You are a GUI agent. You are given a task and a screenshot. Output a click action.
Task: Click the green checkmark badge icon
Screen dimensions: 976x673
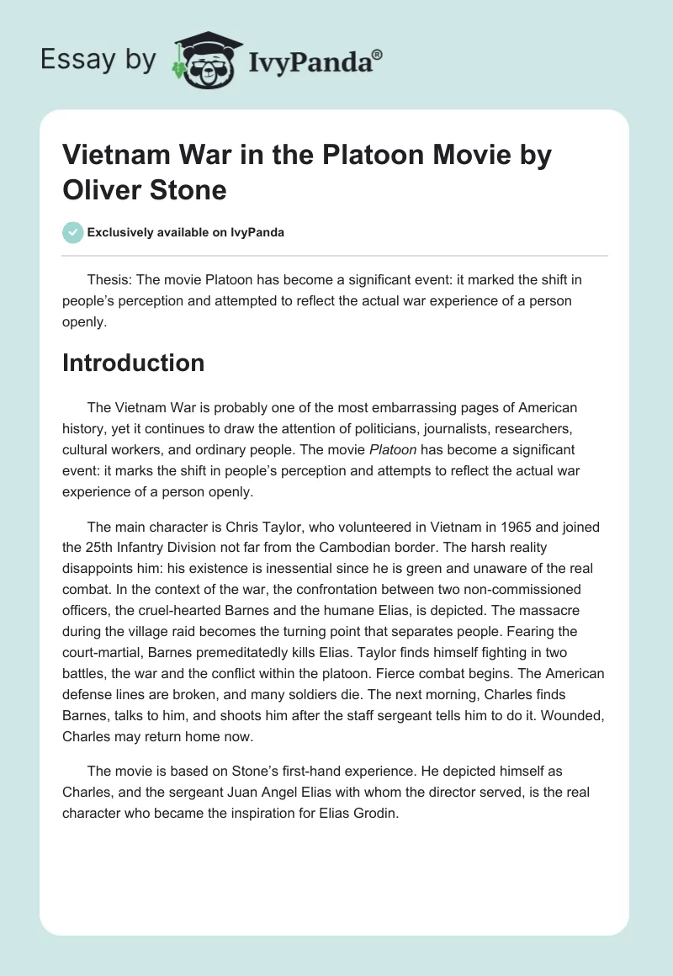point(73,232)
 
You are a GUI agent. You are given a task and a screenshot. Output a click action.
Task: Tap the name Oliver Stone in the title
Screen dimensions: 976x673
point(145,189)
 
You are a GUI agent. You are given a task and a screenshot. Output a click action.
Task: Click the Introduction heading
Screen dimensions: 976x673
point(134,363)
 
